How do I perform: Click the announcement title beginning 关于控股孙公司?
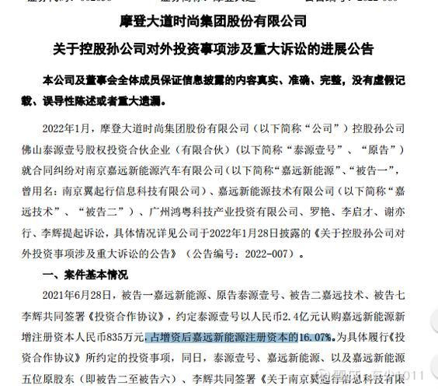coord(218,49)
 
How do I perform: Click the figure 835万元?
coord(123,338)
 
